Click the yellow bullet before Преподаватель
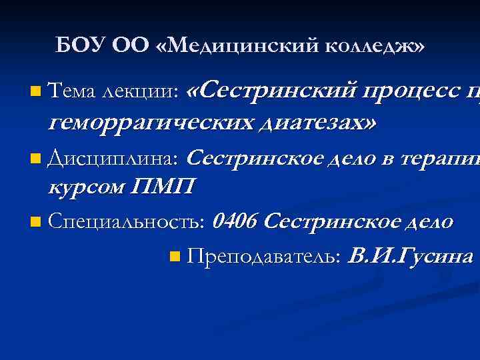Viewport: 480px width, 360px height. pos(175,256)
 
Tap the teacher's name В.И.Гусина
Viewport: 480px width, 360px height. pos(411,256)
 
